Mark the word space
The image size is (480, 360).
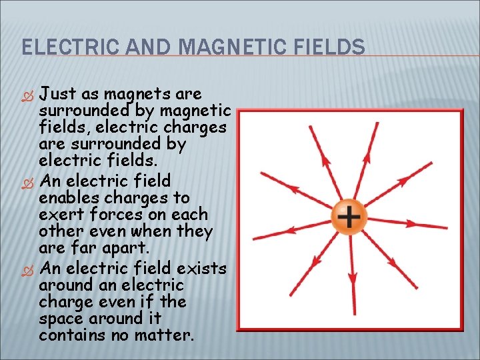62,319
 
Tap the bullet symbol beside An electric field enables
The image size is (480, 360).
27,182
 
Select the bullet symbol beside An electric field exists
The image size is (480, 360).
27,269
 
